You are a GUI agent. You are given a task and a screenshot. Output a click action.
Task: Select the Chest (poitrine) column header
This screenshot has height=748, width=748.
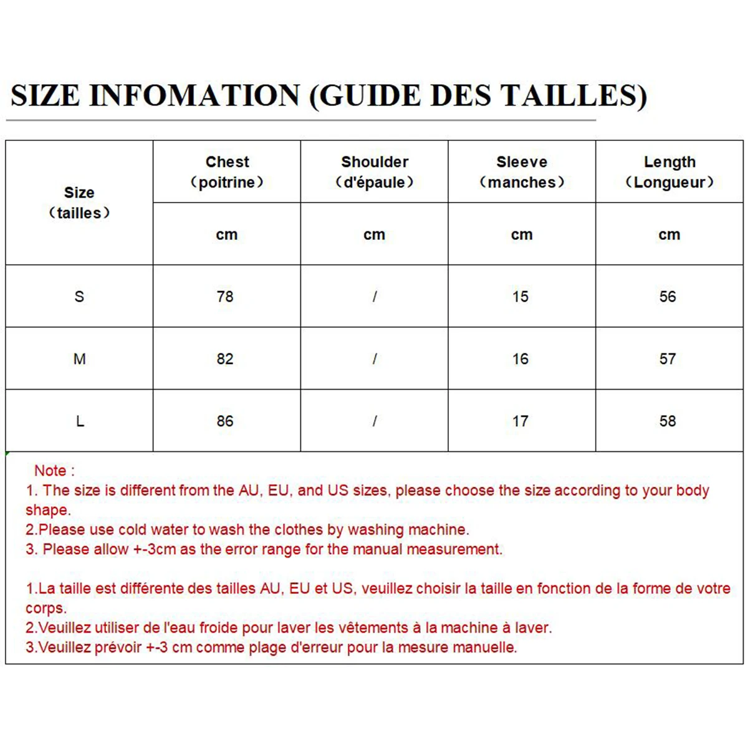click(x=227, y=172)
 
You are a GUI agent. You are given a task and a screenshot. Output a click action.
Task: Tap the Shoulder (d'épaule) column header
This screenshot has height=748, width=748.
click(x=375, y=172)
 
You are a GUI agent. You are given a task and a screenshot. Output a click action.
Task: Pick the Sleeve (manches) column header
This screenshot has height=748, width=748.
click(x=522, y=172)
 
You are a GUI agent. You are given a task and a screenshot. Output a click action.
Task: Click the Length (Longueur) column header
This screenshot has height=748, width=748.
click(x=669, y=172)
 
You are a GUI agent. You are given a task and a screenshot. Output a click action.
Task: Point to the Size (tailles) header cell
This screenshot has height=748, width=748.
click(x=79, y=203)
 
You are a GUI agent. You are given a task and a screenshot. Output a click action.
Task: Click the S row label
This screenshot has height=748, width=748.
click(x=79, y=297)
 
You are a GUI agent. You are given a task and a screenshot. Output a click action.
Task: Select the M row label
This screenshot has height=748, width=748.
click(x=79, y=359)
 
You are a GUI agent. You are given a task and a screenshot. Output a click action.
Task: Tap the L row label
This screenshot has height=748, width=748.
click(x=80, y=421)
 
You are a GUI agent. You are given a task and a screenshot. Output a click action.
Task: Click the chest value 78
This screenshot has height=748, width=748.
click(x=225, y=297)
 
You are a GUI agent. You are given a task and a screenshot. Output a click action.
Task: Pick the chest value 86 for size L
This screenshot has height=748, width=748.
click(x=225, y=421)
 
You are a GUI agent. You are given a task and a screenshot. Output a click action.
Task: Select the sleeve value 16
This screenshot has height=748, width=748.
click(x=520, y=359)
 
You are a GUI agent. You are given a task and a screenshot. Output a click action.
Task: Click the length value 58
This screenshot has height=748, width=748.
click(x=668, y=421)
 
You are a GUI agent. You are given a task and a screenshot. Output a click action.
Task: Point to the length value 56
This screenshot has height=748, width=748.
click(x=668, y=297)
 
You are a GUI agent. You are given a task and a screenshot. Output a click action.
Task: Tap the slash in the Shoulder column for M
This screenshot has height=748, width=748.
click(x=375, y=359)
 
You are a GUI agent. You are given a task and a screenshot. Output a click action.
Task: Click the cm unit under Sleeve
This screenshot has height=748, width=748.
click(x=522, y=235)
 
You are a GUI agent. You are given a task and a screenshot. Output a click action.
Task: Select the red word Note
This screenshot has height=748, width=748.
click(x=50, y=471)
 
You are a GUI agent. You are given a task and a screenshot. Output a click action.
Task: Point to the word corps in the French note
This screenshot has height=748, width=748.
click(x=44, y=608)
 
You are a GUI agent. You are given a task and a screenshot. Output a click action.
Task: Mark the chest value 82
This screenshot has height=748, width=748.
click(x=225, y=359)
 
